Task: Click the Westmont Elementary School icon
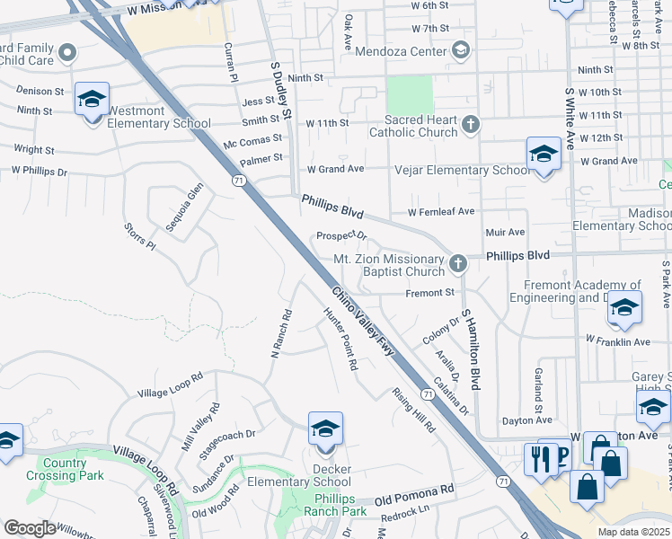pyautogui.click(x=92, y=101)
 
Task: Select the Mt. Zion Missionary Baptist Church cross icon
pyautogui.click(x=458, y=263)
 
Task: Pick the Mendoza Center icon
pyautogui.click(x=462, y=50)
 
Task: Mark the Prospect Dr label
pyautogui.click(x=342, y=236)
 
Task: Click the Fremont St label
pyautogui.click(x=429, y=292)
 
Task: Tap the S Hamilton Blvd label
pyautogui.click(x=472, y=349)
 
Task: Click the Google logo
pyautogui.click(x=30, y=528)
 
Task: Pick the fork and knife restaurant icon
pyautogui.click(x=539, y=459)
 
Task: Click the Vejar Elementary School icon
pyautogui.click(x=544, y=155)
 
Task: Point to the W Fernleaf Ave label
pyautogui.click(x=440, y=212)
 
